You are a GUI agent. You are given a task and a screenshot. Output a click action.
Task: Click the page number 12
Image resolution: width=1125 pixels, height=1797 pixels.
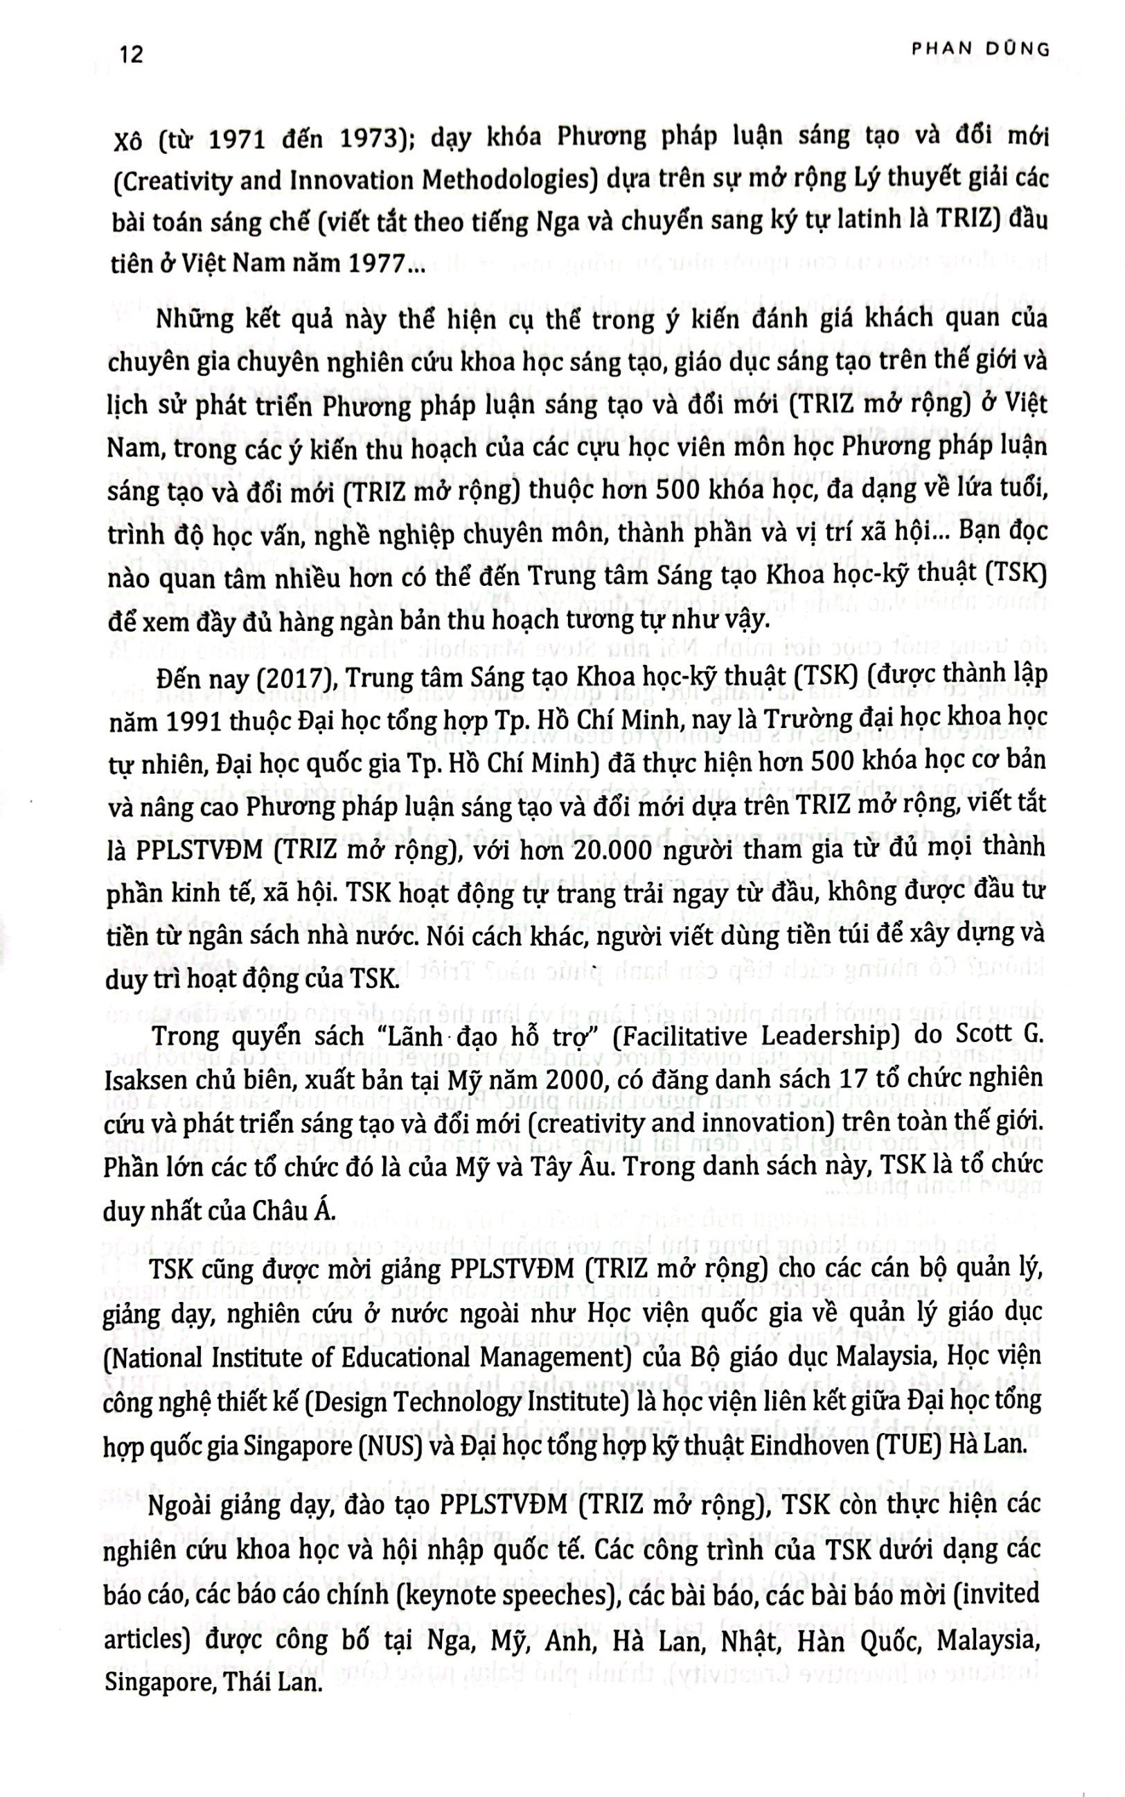tap(131, 55)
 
